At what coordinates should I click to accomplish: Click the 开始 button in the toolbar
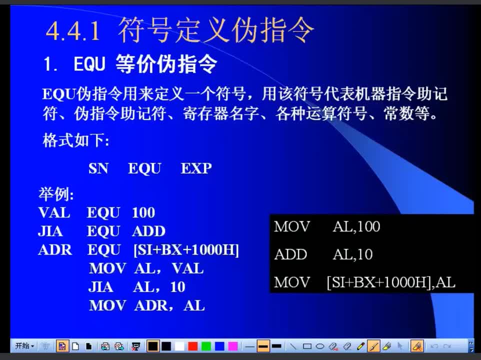click(x=24, y=346)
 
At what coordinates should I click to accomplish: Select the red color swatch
click(x=193, y=346)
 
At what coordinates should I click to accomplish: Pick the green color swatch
click(x=206, y=346)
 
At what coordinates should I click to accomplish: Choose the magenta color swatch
click(x=233, y=346)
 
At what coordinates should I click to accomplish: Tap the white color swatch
click(x=179, y=346)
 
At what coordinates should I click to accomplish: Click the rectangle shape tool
click(x=307, y=346)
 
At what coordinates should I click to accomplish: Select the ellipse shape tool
click(x=320, y=346)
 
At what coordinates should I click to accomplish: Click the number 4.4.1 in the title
click(x=73, y=31)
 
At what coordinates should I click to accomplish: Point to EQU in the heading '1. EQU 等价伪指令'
click(x=89, y=64)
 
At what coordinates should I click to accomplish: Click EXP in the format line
click(x=196, y=168)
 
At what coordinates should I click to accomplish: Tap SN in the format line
click(x=98, y=168)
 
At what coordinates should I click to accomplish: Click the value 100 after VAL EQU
click(x=143, y=212)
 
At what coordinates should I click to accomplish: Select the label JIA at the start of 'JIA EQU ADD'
click(x=50, y=231)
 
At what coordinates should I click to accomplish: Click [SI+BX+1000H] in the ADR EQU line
click(x=186, y=250)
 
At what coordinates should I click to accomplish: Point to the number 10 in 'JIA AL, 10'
click(x=177, y=287)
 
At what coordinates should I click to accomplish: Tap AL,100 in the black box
click(x=356, y=226)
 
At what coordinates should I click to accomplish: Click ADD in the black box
click(x=290, y=254)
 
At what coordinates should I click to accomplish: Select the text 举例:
click(x=56, y=194)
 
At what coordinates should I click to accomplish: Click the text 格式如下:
click(x=76, y=140)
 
